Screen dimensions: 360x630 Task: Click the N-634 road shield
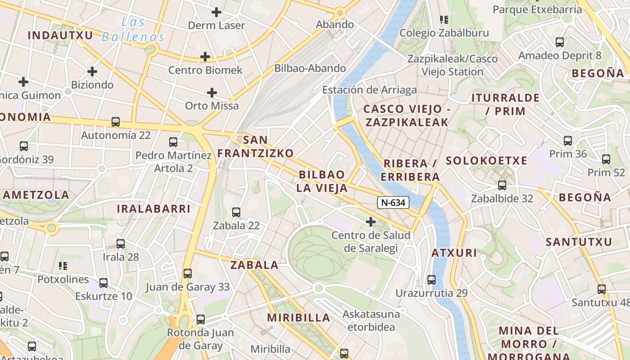(x=393, y=202)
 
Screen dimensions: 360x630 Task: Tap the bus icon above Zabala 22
(x=236, y=212)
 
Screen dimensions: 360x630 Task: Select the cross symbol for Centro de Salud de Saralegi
(x=371, y=222)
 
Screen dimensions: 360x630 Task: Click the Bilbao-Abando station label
(x=310, y=68)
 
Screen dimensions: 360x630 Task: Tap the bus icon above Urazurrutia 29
(x=432, y=280)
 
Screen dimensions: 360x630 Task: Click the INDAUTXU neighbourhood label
(x=60, y=35)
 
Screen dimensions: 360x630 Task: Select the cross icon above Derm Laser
(x=216, y=12)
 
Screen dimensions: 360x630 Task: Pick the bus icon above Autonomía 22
(x=116, y=122)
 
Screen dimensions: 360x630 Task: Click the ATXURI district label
(x=454, y=253)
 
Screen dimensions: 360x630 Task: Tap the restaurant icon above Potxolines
(x=63, y=266)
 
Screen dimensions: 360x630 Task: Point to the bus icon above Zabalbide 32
(x=502, y=185)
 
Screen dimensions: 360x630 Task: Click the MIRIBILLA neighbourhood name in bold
(x=299, y=318)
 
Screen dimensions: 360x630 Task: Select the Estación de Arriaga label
(x=369, y=90)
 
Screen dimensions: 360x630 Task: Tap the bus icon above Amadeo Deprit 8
(x=560, y=42)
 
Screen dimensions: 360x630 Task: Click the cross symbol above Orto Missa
(x=212, y=93)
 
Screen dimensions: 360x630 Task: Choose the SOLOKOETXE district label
(x=486, y=161)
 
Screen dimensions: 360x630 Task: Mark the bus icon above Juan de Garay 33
(x=187, y=274)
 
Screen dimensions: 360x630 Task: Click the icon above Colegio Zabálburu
(x=444, y=19)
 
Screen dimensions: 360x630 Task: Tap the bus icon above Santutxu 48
(x=602, y=289)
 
